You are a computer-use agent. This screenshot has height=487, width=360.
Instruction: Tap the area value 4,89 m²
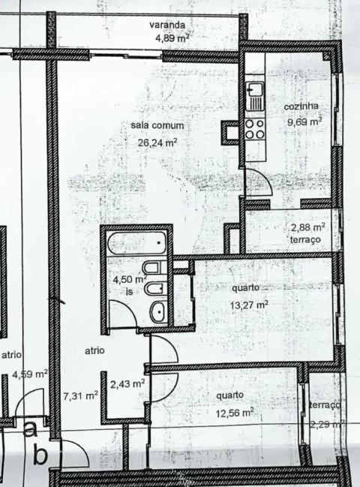171,37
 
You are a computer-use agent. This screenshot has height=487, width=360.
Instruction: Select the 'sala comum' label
157,125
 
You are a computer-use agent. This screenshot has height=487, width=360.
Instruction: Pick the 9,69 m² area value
304,119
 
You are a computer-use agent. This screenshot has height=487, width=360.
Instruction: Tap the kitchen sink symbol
256,95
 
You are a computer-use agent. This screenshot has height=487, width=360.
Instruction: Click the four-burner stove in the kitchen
255,129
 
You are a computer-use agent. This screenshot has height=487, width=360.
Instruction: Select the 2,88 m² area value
307,227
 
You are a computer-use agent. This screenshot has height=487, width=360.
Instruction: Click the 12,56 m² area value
233,412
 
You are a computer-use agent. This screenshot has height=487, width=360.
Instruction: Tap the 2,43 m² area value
127,383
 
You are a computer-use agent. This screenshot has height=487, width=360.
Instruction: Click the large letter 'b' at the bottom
41,455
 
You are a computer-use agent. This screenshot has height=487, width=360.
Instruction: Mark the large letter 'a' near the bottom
30,431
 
